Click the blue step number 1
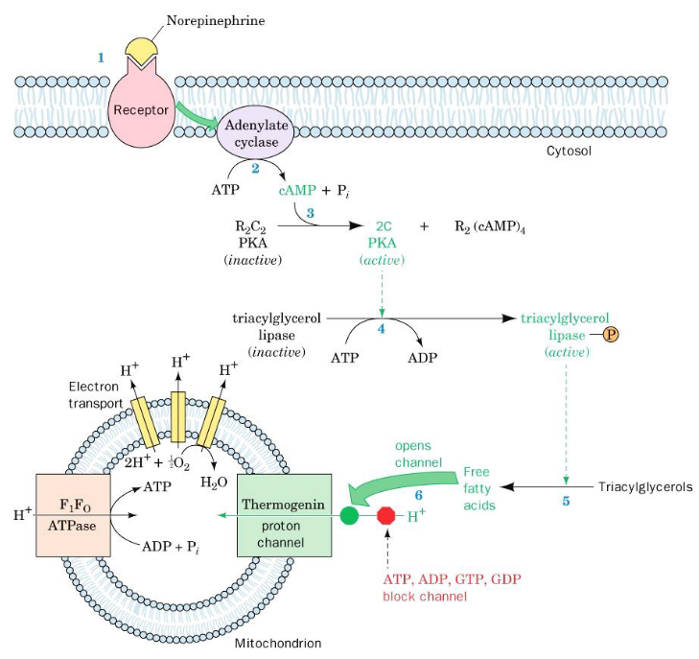click(100, 58)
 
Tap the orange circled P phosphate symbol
click(611, 335)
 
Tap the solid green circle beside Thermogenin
click(350, 516)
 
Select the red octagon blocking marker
click(386, 516)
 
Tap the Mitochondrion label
click(278, 643)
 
